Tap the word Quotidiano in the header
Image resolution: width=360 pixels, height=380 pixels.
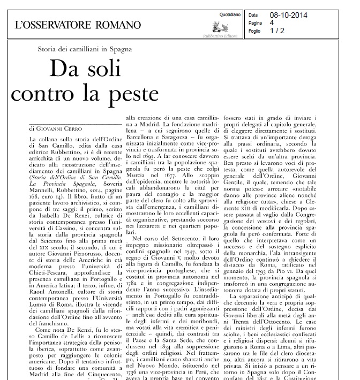tap(230, 14)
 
